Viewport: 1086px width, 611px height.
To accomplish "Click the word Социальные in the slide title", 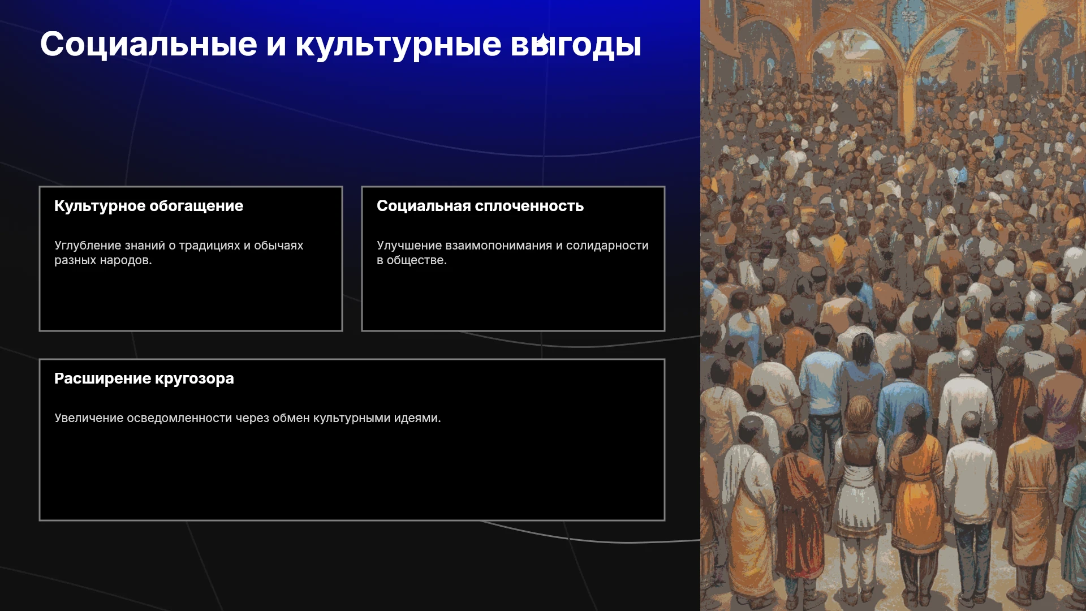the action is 149,44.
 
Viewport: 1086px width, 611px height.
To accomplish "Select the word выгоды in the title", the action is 576,45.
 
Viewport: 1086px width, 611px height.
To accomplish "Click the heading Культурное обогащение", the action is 149,206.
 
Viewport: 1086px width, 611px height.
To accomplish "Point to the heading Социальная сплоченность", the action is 480,206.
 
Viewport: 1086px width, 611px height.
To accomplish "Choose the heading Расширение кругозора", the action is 144,378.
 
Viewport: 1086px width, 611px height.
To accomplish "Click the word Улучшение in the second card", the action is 410,246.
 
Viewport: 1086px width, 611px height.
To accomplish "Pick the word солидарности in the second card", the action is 607,246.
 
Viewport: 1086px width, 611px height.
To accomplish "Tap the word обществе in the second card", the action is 417,260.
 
